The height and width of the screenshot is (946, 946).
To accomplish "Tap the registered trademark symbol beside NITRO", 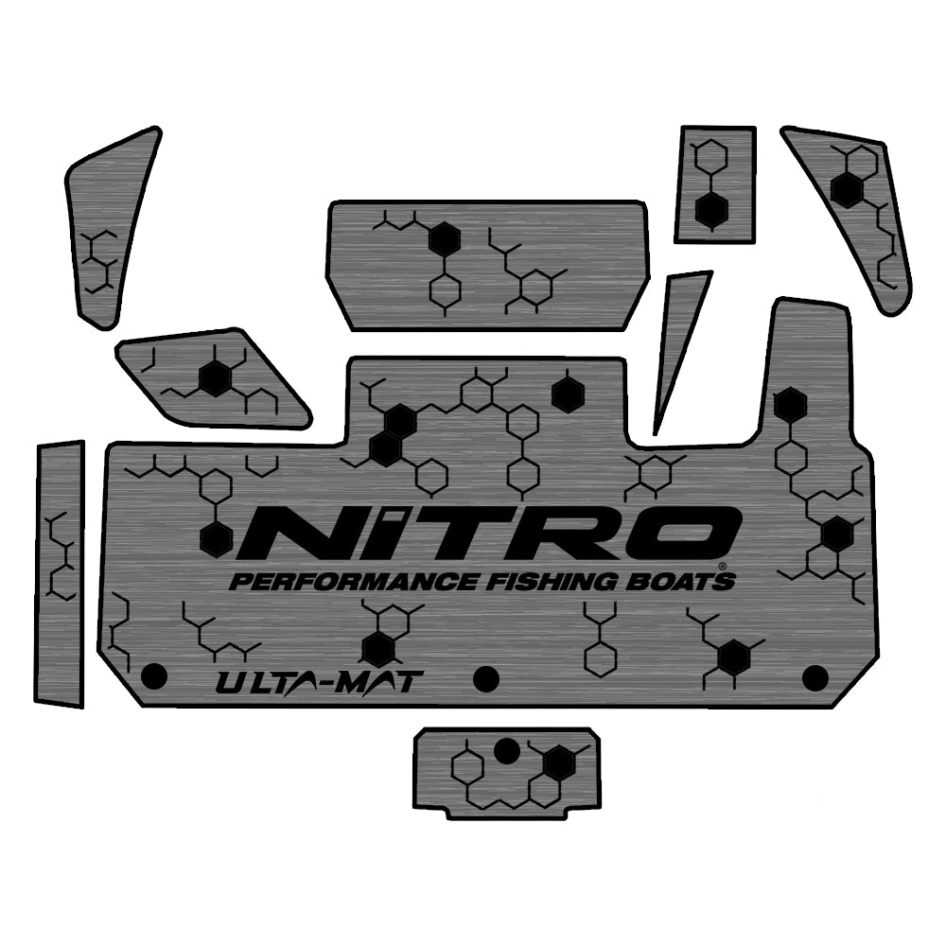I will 723,566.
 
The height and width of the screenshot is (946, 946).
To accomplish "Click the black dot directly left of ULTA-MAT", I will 153,675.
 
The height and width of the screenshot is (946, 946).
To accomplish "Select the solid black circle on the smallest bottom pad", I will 508,751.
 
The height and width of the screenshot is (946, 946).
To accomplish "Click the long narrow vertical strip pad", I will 61,572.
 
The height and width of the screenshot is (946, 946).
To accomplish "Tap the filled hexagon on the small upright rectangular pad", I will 711,210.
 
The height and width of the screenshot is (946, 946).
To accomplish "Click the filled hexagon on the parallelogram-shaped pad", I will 216,379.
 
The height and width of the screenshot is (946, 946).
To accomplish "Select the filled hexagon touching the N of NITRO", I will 217,538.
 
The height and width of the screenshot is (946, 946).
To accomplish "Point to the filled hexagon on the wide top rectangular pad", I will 442,240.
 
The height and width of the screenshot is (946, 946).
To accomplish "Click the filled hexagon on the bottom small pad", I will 559,761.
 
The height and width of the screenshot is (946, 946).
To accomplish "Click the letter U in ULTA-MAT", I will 230,680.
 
